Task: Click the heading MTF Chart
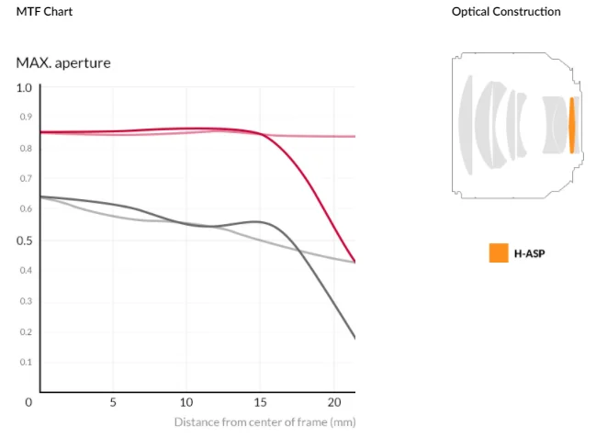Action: click(x=45, y=12)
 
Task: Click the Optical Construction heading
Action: click(x=506, y=12)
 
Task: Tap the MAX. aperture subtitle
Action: click(x=64, y=63)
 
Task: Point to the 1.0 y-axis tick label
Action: click(x=24, y=87)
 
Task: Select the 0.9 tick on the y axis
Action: click(x=26, y=118)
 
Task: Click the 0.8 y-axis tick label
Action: click(x=26, y=148)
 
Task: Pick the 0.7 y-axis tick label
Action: click(x=26, y=178)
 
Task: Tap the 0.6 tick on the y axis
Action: click(x=26, y=209)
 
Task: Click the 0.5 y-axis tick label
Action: click(x=24, y=241)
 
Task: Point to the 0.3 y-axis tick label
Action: click(x=26, y=301)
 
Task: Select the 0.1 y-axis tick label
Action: click(x=26, y=362)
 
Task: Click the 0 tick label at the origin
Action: click(x=28, y=402)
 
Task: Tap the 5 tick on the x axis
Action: click(x=112, y=402)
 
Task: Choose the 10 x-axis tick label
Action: click(x=186, y=402)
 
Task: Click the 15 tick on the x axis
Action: click(x=260, y=402)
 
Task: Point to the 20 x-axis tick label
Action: click(x=334, y=402)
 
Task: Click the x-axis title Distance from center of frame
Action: click(x=264, y=422)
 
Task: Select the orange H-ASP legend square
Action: click(x=499, y=252)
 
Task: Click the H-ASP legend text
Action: click(x=528, y=253)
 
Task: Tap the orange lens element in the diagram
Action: click(x=572, y=125)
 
